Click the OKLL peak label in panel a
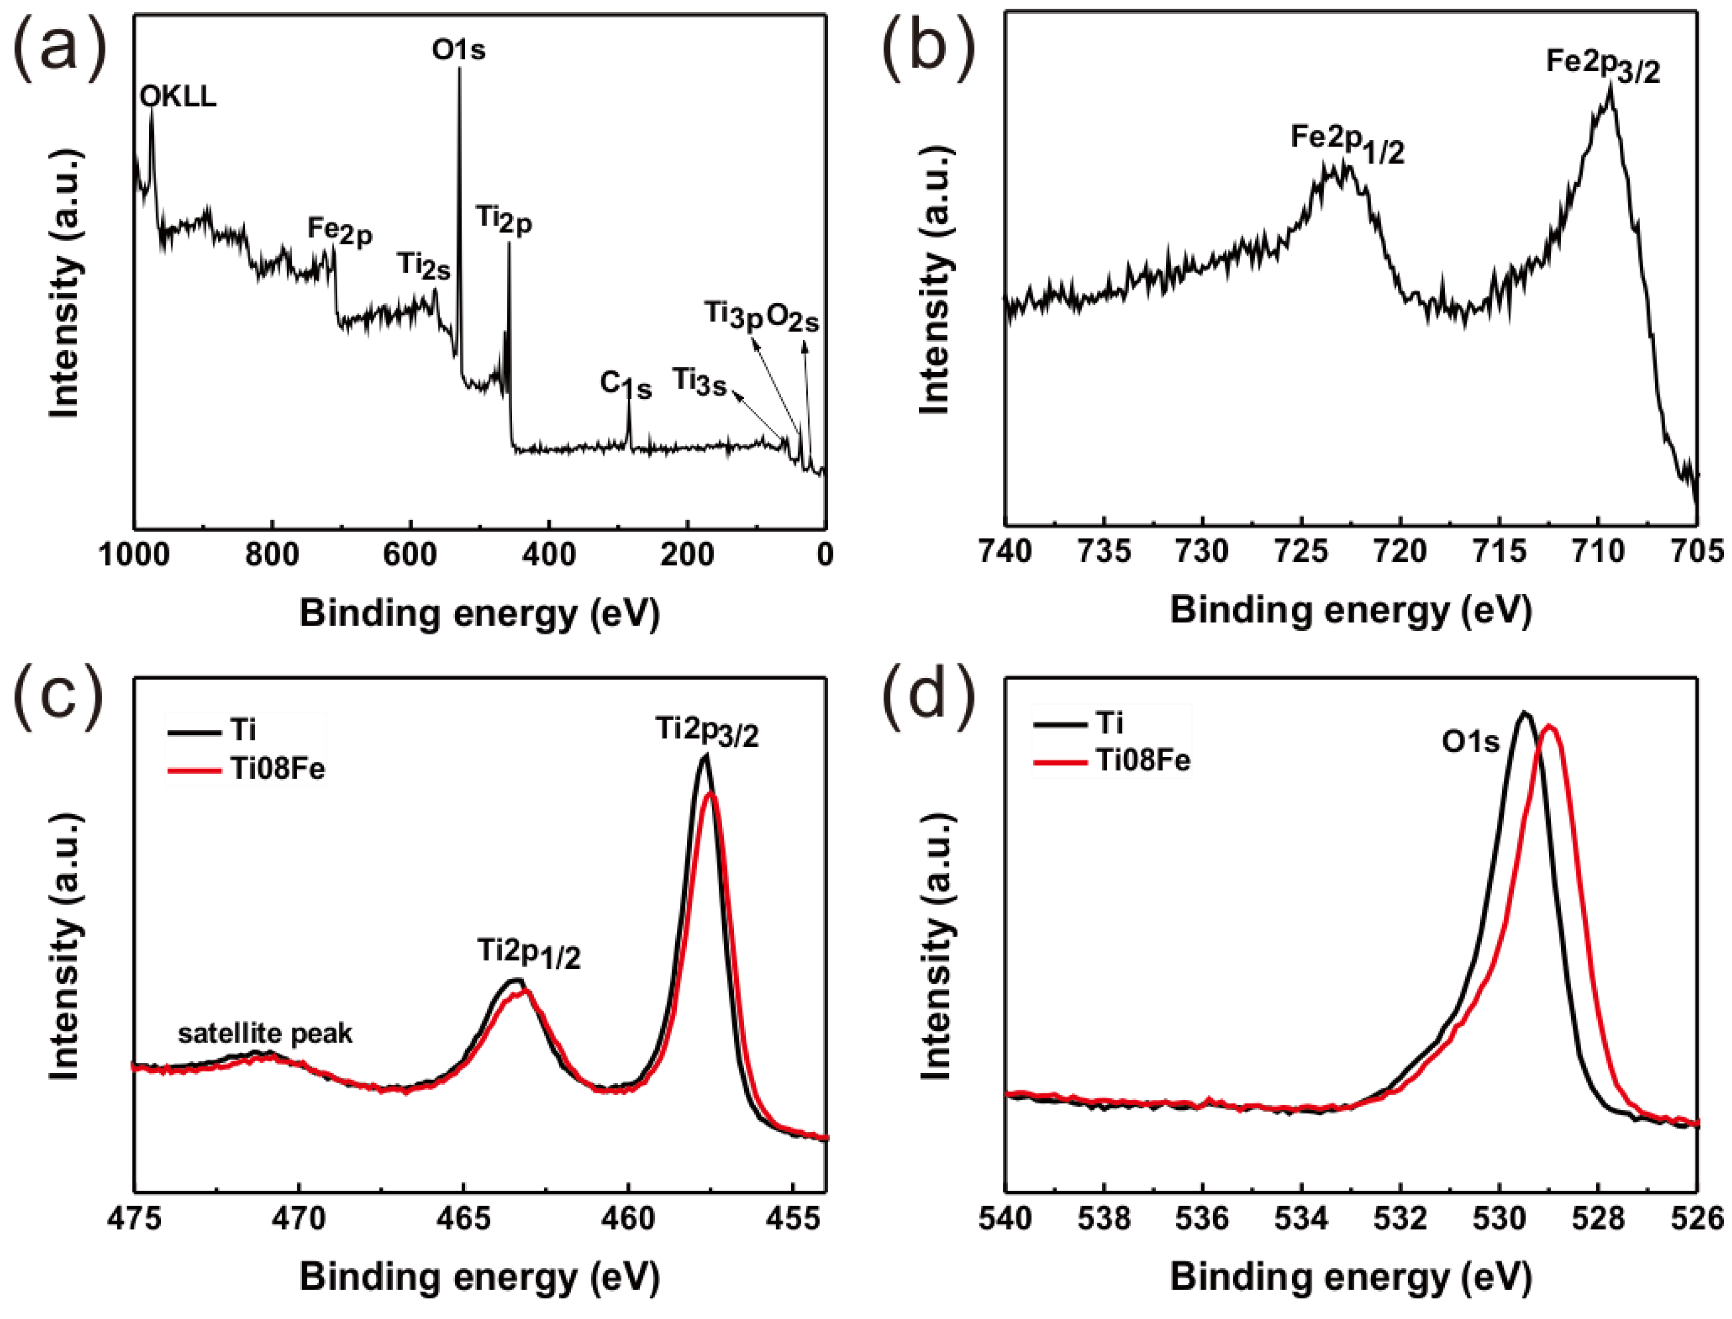tap(178, 97)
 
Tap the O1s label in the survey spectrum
tap(458, 50)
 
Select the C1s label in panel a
tap(625, 385)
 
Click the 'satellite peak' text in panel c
tap(265, 1033)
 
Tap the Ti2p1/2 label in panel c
tap(529, 954)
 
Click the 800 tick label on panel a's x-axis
tap(272, 555)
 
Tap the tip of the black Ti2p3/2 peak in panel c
tap(705, 755)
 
